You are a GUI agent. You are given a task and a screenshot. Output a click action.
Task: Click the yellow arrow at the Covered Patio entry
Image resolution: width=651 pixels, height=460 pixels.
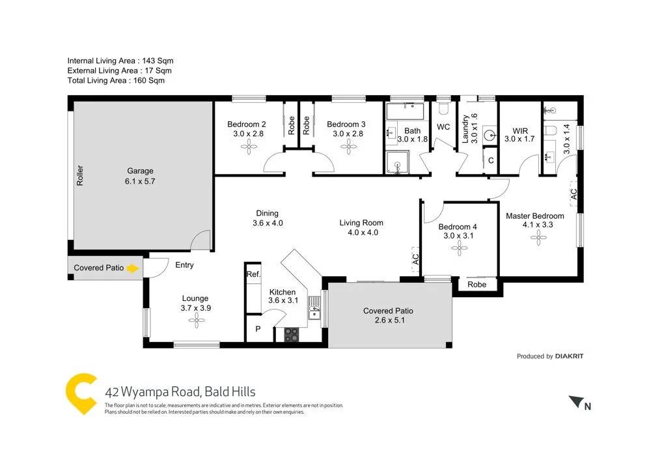tap(133, 268)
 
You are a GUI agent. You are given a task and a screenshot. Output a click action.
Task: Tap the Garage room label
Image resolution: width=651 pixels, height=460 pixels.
tap(140, 171)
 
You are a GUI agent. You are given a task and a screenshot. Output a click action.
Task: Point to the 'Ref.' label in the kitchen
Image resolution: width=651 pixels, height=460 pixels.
tap(253, 275)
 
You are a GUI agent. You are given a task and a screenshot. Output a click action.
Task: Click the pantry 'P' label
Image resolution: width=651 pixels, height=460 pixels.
tap(258, 330)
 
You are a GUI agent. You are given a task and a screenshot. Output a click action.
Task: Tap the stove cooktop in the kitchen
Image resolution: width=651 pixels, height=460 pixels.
tap(292, 335)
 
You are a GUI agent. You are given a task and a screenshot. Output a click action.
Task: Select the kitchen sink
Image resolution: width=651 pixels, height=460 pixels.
tap(315, 308)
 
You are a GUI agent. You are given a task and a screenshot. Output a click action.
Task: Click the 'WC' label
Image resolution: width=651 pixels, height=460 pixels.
tap(443, 126)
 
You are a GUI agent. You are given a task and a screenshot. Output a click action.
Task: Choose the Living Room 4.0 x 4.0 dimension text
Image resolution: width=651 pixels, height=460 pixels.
tap(358, 232)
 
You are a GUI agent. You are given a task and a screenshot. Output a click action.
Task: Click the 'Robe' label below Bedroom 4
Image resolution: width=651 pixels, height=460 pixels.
tap(477, 285)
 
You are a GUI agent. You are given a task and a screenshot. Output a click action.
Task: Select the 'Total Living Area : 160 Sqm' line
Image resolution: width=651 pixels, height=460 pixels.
tap(116, 81)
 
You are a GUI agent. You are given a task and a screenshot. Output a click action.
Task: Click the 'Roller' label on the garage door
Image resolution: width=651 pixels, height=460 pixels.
tap(81, 176)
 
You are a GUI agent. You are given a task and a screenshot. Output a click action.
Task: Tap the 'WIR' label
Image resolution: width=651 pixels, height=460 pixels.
tap(519, 130)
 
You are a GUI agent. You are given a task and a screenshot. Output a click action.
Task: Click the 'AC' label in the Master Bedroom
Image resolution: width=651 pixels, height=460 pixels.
tap(574, 194)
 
